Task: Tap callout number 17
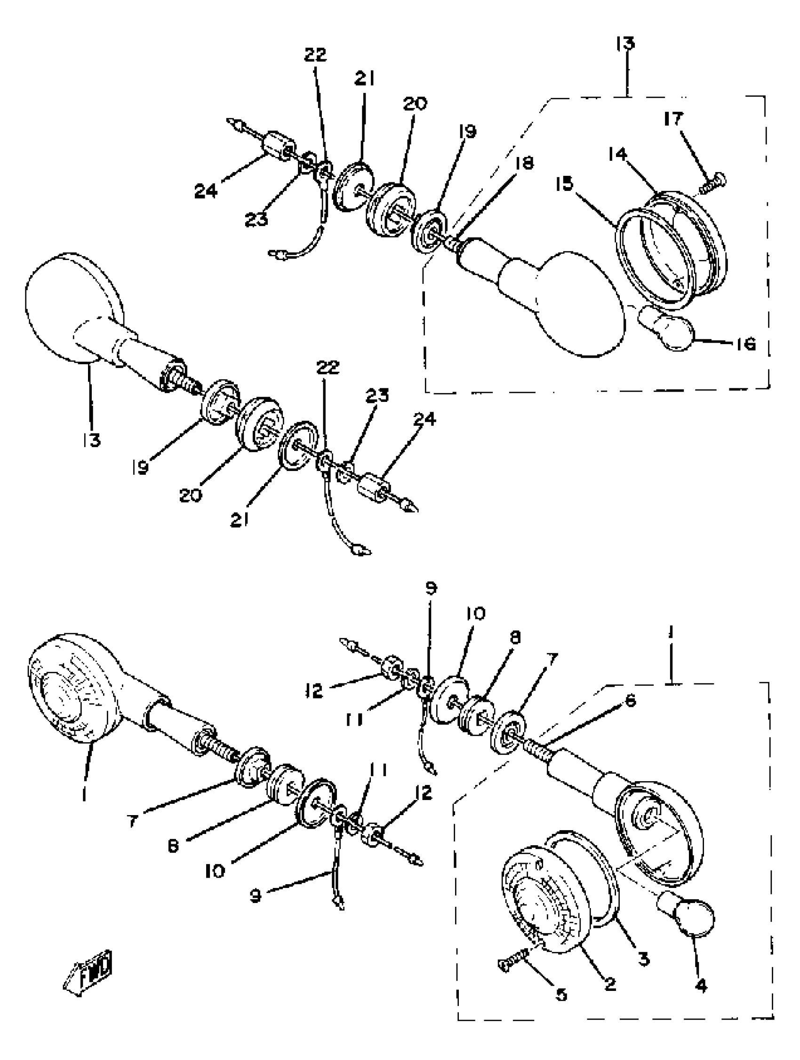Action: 673,118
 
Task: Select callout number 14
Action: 618,154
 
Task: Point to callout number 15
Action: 565,183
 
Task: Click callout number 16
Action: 746,344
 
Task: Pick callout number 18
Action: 526,163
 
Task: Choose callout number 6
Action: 630,701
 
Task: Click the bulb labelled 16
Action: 669,330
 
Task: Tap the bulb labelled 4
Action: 688,915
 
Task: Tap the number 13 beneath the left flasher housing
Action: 91,440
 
